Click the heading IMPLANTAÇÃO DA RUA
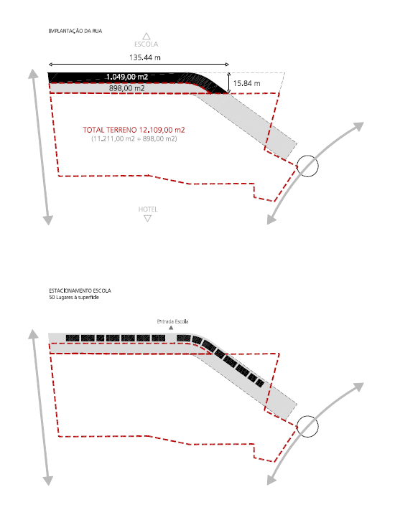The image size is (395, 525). coord(75,31)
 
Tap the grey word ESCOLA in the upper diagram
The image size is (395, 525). coord(147,44)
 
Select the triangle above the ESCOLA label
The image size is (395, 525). coord(147,36)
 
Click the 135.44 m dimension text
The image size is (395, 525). coord(145,57)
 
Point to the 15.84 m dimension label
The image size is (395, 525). coord(246,83)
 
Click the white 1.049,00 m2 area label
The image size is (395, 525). coord(127,77)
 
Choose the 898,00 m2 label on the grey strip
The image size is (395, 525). coord(126,88)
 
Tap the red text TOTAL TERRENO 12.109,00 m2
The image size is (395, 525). coord(134,130)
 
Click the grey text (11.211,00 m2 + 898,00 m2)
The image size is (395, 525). coord(134,138)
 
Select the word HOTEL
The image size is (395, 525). coord(148,209)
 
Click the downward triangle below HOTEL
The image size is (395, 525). coord(147,218)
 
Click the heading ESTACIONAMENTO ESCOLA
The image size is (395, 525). coord(80,290)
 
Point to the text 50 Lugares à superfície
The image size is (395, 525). coord(74,298)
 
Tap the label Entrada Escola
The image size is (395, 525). coord(172,321)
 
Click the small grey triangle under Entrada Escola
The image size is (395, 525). coord(171,328)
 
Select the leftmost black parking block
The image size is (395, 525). coord(73,339)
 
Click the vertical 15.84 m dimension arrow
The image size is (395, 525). coord(228,82)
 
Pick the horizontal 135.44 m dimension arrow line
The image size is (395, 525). coord(139,65)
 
